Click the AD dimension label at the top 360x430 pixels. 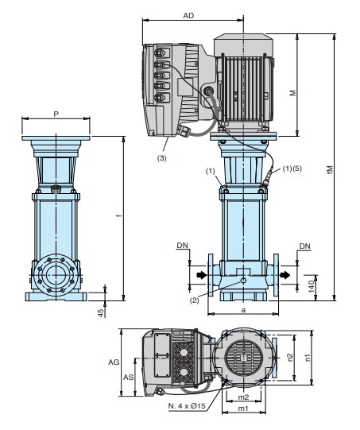(x=188, y=16)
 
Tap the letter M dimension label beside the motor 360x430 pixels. (x=292, y=93)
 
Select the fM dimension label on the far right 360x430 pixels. (x=330, y=170)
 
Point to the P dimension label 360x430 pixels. (x=56, y=114)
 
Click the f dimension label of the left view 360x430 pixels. (x=118, y=216)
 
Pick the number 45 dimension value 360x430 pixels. (x=102, y=313)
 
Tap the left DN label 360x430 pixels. (x=182, y=245)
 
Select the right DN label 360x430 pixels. (x=304, y=246)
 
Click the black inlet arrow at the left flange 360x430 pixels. (x=202, y=275)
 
